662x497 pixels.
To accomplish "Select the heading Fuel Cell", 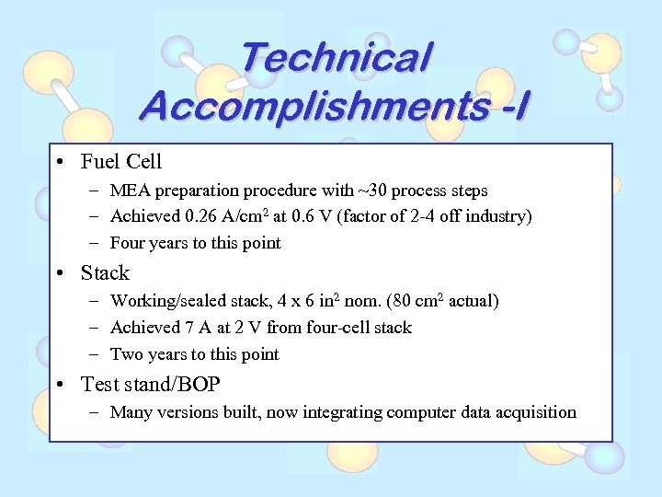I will pyautogui.click(x=121, y=162).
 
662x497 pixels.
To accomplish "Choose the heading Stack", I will pyautogui.click(x=105, y=273).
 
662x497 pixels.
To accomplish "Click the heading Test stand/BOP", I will pyautogui.click(x=151, y=384).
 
